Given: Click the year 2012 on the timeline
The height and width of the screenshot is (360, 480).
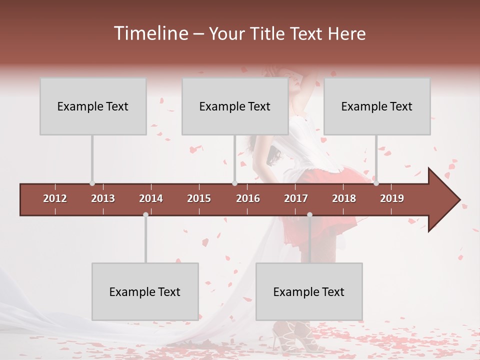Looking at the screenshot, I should (x=55, y=198).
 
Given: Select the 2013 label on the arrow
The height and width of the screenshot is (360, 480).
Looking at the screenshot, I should (x=103, y=198).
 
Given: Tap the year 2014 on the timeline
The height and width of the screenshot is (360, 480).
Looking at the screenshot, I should (x=151, y=198).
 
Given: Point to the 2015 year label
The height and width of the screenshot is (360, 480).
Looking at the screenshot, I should (x=199, y=198).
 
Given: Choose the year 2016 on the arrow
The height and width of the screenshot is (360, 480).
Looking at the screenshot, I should (x=248, y=198).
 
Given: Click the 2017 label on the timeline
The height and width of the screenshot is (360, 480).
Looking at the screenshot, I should (x=296, y=198).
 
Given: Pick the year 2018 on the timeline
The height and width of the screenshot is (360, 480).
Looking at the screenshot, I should (x=344, y=198).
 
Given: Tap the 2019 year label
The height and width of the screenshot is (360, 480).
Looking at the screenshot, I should (x=392, y=198).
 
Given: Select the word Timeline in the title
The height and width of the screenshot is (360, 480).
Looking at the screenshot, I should (x=149, y=33).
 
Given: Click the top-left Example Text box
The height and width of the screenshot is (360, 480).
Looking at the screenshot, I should (x=93, y=106).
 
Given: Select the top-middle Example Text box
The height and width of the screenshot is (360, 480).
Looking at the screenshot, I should (x=235, y=106).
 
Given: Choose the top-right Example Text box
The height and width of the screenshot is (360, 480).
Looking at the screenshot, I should (x=377, y=106).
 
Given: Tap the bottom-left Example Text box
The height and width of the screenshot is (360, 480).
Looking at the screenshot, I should (x=145, y=291).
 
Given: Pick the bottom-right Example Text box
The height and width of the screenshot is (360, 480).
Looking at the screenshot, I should (x=309, y=291).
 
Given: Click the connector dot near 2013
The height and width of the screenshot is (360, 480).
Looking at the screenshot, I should (x=92, y=183).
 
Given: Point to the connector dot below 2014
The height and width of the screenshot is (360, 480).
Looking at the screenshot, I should (x=145, y=214).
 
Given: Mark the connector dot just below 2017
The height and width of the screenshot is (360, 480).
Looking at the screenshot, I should (x=309, y=214).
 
